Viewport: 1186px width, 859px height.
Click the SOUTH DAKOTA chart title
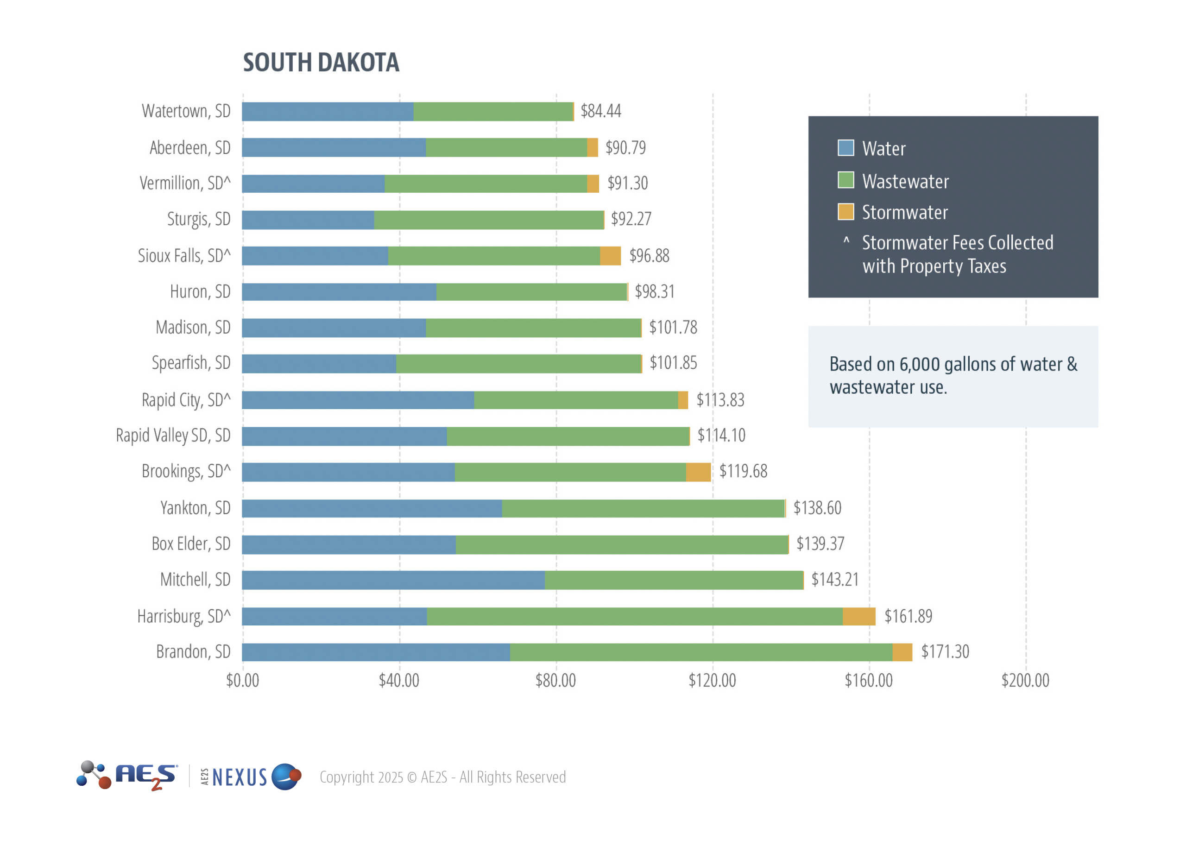click(x=321, y=63)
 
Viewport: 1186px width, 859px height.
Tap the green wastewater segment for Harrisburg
click(x=634, y=616)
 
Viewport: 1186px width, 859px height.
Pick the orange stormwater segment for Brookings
click(x=698, y=472)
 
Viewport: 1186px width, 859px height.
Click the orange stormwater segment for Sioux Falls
click(x=610, y=256)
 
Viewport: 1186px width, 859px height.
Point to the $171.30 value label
click(x=945, y=652)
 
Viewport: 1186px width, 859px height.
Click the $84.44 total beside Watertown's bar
click(x=601, y=111)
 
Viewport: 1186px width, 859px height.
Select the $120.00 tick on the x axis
click(x=712, y=681)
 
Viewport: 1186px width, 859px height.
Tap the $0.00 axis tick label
click(x=243, y=681)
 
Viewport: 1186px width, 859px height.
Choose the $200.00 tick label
click(x=1025, y=681)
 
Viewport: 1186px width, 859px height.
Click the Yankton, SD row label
click(x=195, y=508)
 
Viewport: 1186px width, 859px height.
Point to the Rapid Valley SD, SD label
click(x=173, y=436)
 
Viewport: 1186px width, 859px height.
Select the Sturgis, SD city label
click(x=199, y=220)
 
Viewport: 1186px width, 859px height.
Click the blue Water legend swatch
click(x=845, y=148)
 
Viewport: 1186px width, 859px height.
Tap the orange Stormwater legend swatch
click(x=845, y=212)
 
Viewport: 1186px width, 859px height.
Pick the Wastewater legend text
click(x=905, y=182)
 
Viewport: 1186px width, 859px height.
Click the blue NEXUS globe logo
click(x=286, y=777)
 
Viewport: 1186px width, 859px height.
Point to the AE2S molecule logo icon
click(x=94, y=775)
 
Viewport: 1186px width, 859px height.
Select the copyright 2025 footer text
click(x=442, y=777)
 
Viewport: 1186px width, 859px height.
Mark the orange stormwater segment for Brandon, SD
click(x=902, y=652)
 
